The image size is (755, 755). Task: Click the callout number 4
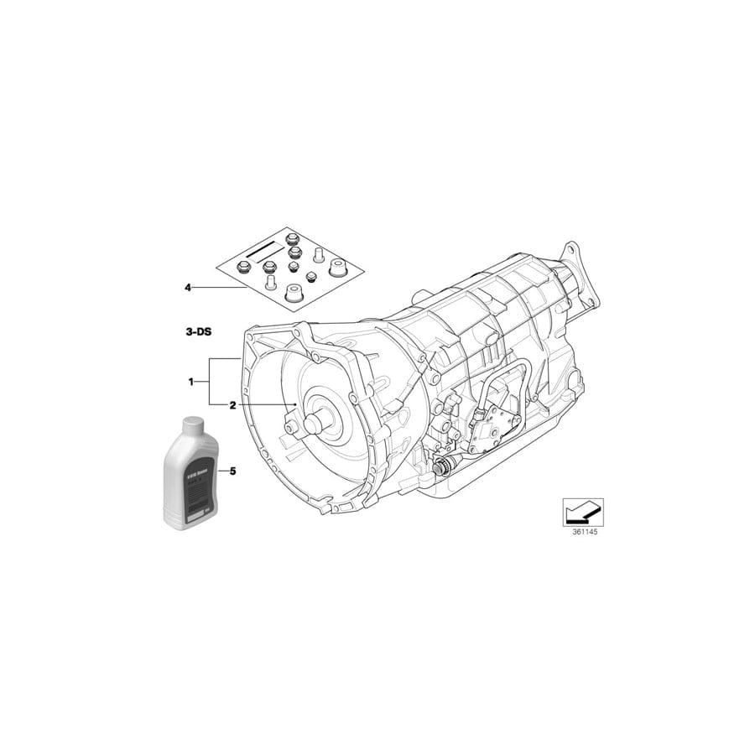point(189,288)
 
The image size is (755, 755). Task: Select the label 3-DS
point(199,332)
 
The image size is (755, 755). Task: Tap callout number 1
point(191,382)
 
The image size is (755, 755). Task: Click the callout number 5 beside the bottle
point(232,471)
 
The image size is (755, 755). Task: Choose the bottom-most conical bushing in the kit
point(294,294)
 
